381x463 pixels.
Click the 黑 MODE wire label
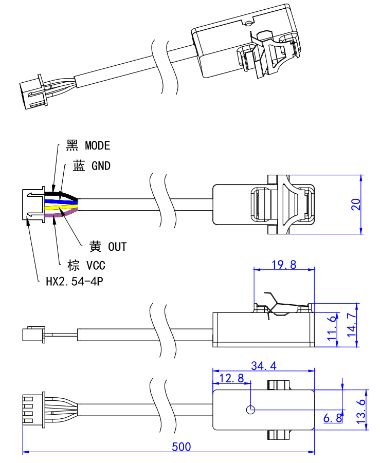point(88,145)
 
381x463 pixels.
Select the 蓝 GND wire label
point(92,166)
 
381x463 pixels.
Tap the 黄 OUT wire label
point(107,247)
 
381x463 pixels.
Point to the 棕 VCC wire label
point(86,265)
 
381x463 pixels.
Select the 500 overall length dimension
point(181,447)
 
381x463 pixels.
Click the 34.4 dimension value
point(263,366)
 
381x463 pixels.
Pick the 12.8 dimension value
point(231,379)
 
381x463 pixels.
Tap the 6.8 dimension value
point(333,418)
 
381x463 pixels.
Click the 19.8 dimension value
point(284,265)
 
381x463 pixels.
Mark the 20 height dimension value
point(355,204)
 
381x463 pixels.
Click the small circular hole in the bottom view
point(250,410)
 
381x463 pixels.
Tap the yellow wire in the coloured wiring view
point(62,208)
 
